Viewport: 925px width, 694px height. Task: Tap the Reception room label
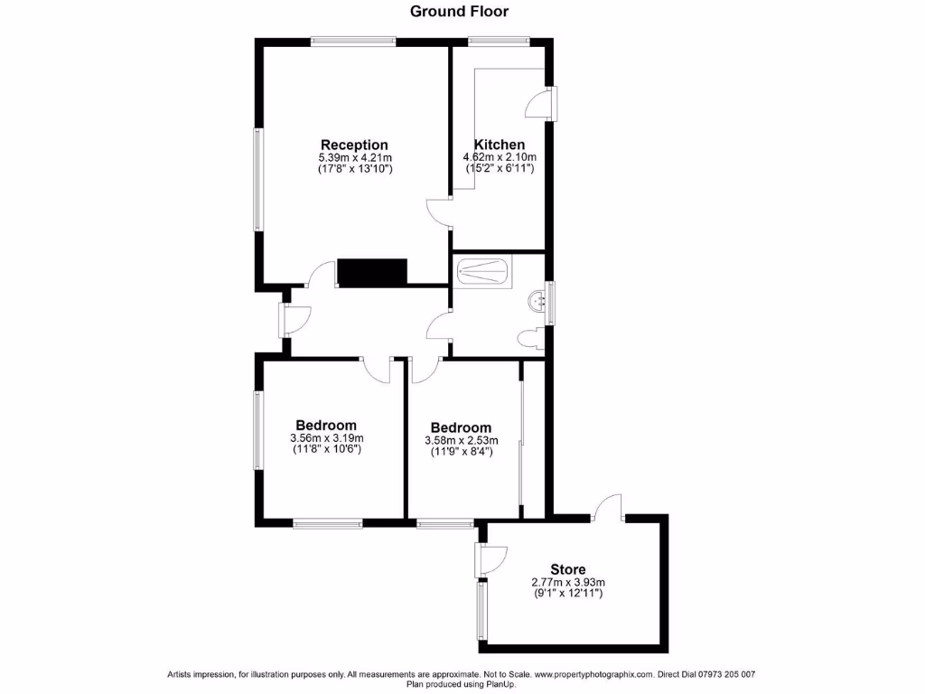pyautogui.click(x=354, y=145)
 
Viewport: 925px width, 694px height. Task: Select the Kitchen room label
pyautogui.click(x=500, y=145)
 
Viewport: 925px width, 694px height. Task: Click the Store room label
pyautogui.click(x=567, y=569)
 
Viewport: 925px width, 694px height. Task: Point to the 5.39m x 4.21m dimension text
pyautogui.click(x=354, y=157)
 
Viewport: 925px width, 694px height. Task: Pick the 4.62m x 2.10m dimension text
pyautogui.click(x=500, y=157)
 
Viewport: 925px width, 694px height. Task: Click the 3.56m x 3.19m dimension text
pyautogui.click(x=326, y=438)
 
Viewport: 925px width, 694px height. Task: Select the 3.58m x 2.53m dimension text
pyautogui.click(x=461, y=441)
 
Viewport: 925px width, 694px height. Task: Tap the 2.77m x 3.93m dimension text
pyautogui.click(x=567, y=582)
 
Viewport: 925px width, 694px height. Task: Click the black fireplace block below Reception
pyautogui.click(x=372, y=271)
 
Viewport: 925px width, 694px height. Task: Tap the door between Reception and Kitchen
pyautogui.click(x=440, y=212)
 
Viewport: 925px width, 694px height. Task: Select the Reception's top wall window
pyautogui.click(x=353, y=40)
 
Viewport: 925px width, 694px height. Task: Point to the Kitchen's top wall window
pyautogui.click(x=499, y=40)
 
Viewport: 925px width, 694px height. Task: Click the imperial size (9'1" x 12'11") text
pyautogui.click(x=567, y=594)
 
